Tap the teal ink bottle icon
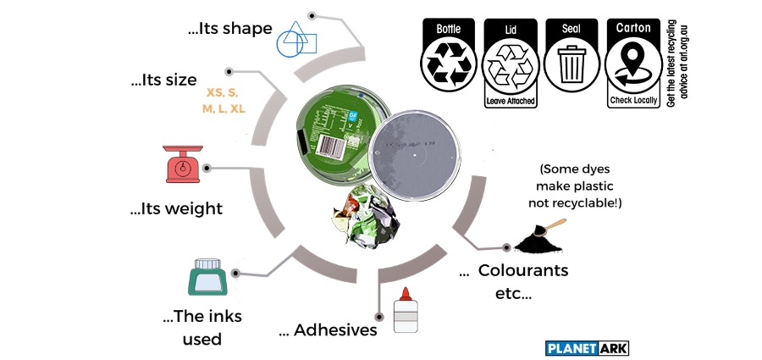tap(207, 278)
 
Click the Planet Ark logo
tap(588, 347)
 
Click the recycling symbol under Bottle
tap(448, 64)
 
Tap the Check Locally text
tap(633, 101)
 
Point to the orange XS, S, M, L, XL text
tap(223, 100)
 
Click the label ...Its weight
tap(176, 208)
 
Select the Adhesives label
tap(328, 330)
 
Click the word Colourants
tap(522, 271)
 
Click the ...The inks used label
tap(202, 328)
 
